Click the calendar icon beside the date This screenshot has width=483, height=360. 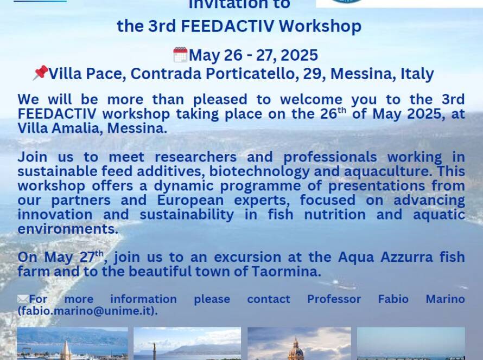pyautogui.click(x=181, y=55)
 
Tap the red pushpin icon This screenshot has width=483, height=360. pyautogui.click(x=41, y=73)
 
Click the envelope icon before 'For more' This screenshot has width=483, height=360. pyautogui.click(x=23, y=299)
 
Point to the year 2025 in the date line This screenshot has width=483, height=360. pyautogui.click(x=299, y=55)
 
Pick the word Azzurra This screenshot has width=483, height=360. pyautogui.click(x=406, y=257)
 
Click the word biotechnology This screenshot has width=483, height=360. pyautogui.click(x=259, y=171)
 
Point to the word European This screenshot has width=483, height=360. pyautogui.click(x=190, y=200)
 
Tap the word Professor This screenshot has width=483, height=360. pyautogui.click(x=334, y=299)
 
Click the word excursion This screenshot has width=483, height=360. pyautogui.click(x=247, y=257)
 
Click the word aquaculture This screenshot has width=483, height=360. pyautogui.click(x=387, y=172)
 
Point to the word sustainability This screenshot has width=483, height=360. pyautogui.click(x=187, y=215)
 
